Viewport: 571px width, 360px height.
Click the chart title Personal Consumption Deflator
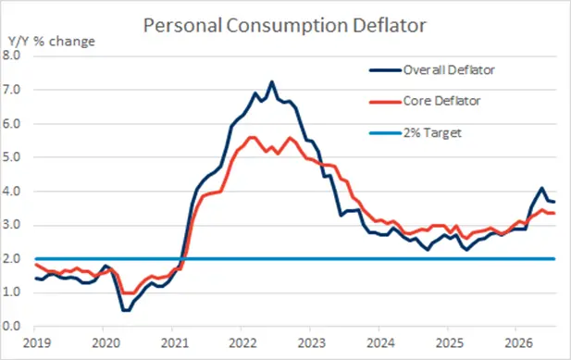click(x=285, y=26)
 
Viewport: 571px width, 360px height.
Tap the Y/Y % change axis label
click(x=52, y=42)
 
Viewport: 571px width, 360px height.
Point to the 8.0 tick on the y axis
click(x=11, y=56)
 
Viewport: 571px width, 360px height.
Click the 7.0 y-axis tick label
click(x=11, y=90)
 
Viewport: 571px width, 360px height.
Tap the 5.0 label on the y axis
click(x=11, y=157)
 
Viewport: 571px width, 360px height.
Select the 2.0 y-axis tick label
click(x=11, y=259)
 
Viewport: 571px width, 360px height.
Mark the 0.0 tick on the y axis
click(x=11, y=326)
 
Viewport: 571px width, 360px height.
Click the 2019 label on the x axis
click(x=37, y=343)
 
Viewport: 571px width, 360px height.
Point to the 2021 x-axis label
click(x=175, y=343)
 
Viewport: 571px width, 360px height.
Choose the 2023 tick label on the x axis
click(x=312, y=343)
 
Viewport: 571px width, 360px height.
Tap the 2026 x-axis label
click(x=518, y=343)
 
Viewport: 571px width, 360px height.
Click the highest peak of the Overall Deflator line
click(x=272, y=81)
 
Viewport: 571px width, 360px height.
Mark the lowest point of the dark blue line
click(x=126, y=311)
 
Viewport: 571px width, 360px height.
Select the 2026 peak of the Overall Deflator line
click(x=542, y=188)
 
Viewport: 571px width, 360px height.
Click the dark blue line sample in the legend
click(x=385, y=70)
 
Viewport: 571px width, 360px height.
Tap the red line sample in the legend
click(x=385, y=102)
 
